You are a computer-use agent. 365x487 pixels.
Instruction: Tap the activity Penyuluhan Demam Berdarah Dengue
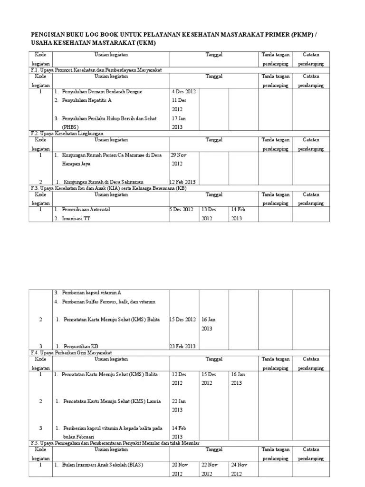pos(102,91)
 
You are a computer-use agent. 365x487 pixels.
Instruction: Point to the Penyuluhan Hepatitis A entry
pos(86,100)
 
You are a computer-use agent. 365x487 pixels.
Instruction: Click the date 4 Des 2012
pos(184,91)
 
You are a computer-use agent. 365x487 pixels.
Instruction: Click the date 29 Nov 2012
pos(180,159)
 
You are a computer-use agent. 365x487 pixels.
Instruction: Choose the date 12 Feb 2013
pos(182,182)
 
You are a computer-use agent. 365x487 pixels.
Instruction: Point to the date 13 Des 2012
pos(209,214)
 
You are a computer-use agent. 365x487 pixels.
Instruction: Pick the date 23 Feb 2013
pos(182,346)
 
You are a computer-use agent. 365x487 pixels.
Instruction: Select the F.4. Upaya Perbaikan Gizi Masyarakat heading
pos(70,352)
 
